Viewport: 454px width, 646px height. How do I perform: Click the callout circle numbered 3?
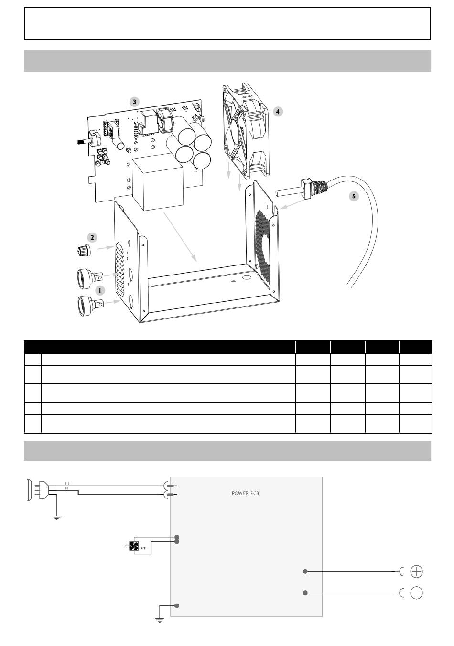134,102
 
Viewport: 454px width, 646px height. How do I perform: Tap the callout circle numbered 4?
278,112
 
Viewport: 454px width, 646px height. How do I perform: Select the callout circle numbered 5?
354,196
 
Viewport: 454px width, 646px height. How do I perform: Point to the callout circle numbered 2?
92,238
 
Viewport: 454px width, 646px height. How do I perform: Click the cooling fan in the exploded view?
246,130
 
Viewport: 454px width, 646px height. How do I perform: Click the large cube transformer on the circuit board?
158,182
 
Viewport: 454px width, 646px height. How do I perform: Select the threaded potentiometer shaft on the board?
83,142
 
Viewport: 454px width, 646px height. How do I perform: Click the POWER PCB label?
245,493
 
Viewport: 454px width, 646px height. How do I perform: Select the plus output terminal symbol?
416,572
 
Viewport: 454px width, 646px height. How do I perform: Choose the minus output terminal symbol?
416,593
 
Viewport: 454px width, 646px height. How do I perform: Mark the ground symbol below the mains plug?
57,518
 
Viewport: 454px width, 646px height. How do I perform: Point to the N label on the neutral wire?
66,488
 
